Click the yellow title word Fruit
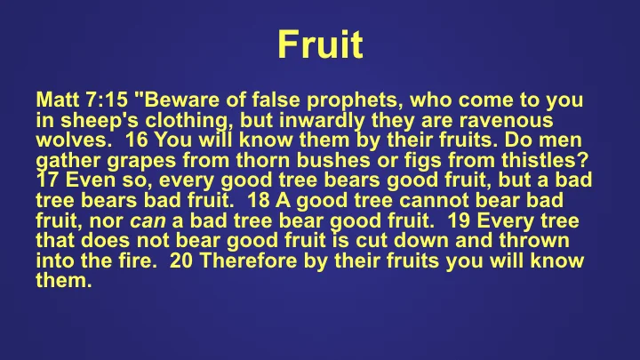[319, 44]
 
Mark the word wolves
[68, 140]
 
